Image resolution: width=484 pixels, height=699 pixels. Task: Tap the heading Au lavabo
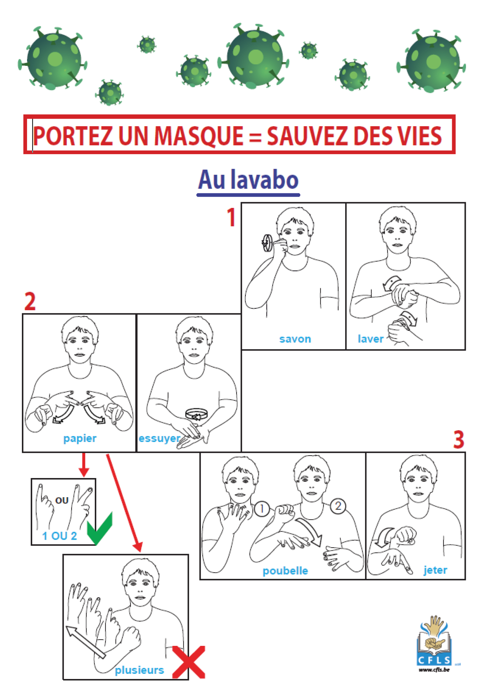248,181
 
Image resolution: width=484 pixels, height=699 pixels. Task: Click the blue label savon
295,339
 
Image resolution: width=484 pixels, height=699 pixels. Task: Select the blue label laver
370,339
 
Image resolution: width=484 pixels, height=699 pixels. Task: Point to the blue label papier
80,439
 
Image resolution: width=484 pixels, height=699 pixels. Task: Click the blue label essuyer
159,439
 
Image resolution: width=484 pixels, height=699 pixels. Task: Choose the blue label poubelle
285,571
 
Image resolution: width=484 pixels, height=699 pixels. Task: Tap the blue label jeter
435,570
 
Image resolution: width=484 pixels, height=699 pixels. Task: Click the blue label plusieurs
139,670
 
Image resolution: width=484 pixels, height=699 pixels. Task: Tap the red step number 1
231,217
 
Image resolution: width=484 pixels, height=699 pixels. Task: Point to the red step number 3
458,440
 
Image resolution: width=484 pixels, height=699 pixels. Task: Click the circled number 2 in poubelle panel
338,506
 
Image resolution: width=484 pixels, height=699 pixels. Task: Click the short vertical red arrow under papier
84,464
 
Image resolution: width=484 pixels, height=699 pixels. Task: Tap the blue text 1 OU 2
60,536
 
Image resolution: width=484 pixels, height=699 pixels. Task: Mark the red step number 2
30,301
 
